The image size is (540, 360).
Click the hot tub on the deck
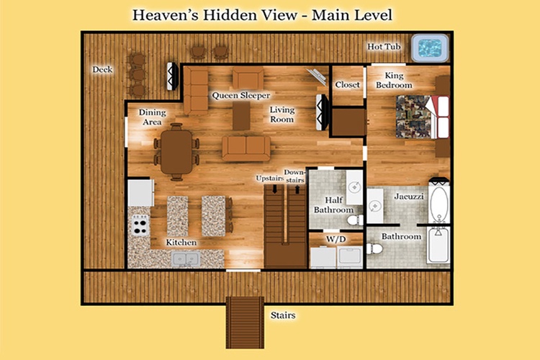click(x=430, y=48)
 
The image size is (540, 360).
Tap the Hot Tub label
click(x=384, y=47)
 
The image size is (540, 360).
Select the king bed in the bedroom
click(x=423, y=117)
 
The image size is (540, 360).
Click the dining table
click(x=176, y=152)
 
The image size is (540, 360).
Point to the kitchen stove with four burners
click(x=140, y=225)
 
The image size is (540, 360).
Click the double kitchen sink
click(x=186, y=259)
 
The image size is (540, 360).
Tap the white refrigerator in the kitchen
click(x=141, y=193)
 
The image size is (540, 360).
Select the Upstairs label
click(x=270, y=178)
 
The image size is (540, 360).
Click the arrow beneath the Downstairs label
click(x=297, y=189)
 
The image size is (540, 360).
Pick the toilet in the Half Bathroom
click(x=355, y=220)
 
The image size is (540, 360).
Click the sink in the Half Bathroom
click(x=354, y=187)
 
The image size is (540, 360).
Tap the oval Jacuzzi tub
click(x=439, y=204)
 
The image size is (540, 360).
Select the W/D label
click(x=336, y=239)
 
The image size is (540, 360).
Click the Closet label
click(x=348, y=84)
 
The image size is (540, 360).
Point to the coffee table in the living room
click(x=241, y=116)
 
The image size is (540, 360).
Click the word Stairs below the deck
click(x=283, y=315)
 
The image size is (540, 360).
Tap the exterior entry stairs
click(x=245, y=323)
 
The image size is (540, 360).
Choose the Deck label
click(x=102, y=69)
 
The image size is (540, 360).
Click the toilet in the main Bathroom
click(x=374, y=248)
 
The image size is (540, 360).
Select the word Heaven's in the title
click(x=166, y=15)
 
